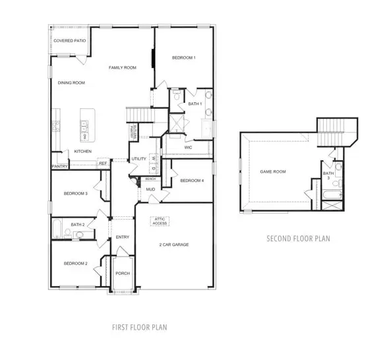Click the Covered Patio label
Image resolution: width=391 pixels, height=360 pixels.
tap(70, 41)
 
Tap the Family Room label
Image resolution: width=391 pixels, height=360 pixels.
tap(123, 68)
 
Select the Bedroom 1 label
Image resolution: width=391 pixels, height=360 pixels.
tap(184, 58)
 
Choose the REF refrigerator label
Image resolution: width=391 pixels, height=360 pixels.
tap(103, 163)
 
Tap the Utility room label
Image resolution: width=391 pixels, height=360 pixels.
tap(138, 159)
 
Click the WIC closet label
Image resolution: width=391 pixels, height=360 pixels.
tap(187, 148)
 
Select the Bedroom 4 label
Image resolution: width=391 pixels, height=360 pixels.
tap(192, 181)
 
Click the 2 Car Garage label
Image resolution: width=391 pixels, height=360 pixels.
tap(174, 245)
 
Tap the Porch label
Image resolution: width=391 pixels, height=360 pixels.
tap(122, 273)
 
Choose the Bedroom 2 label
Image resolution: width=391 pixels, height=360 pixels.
tap(76, 264)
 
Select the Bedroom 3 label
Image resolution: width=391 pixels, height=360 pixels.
tap(76, 193)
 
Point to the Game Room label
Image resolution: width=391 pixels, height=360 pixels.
tap(273, 171)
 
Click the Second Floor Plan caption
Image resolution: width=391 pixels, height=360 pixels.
tap(298, 238)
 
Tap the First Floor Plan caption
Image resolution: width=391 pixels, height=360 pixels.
tap(138, 326)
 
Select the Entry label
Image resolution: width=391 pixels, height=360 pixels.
tap(122, 237)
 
